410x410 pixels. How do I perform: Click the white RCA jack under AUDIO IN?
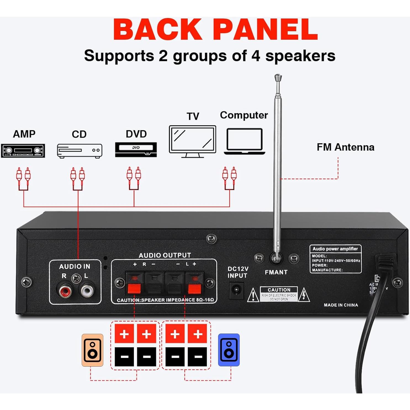pos(87,290)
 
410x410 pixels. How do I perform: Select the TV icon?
pos(192,141)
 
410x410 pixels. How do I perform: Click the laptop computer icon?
pos(245,141)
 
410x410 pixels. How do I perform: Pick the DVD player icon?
pos(136,150)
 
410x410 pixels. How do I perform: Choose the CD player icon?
pos(80,151)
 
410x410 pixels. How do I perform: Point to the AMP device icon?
pos(23,151)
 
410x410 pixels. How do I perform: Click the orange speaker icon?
pos(92,350)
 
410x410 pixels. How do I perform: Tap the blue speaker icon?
pos(229,350)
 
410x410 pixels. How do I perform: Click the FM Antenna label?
pos(345,147)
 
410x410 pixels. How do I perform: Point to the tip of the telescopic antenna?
pos(278,77)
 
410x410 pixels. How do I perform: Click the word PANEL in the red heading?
pos(265,30)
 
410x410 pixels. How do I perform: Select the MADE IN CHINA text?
pos(341,305)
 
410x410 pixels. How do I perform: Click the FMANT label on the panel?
pos(276,272)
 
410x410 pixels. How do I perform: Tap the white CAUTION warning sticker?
pos(279,294)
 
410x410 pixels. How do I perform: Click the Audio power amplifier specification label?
pos(335,259)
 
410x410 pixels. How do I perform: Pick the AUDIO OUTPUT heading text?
pos(165,255)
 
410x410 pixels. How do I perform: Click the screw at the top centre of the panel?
pos(211,239)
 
